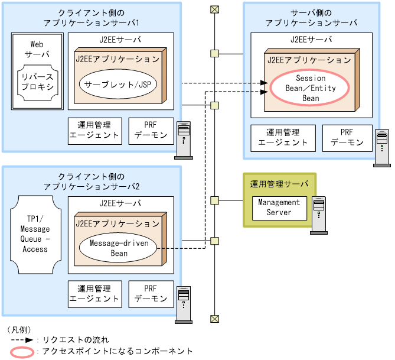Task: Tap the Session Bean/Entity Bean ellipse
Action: (x=310, y=88)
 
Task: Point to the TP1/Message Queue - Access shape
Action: (x=35, y=233)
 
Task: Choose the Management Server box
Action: (x=279, y=207)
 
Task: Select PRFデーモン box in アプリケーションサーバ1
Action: (x=151, y=131)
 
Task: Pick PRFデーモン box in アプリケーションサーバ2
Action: (x=151, y=294)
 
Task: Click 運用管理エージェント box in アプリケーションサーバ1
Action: (x=94, y=131)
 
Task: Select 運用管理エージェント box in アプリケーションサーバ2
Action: (x=94, y=294)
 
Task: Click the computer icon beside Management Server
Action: (x=319, y=215)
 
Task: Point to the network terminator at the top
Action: (x=214, y=9)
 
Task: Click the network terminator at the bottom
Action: (x=214, y=319)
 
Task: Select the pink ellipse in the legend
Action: (x=21, y=351)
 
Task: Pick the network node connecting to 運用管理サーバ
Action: (x=214, y=200)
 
